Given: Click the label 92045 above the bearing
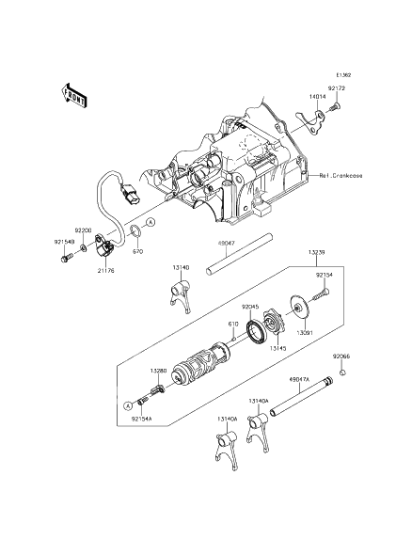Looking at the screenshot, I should (x=249, y=306).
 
